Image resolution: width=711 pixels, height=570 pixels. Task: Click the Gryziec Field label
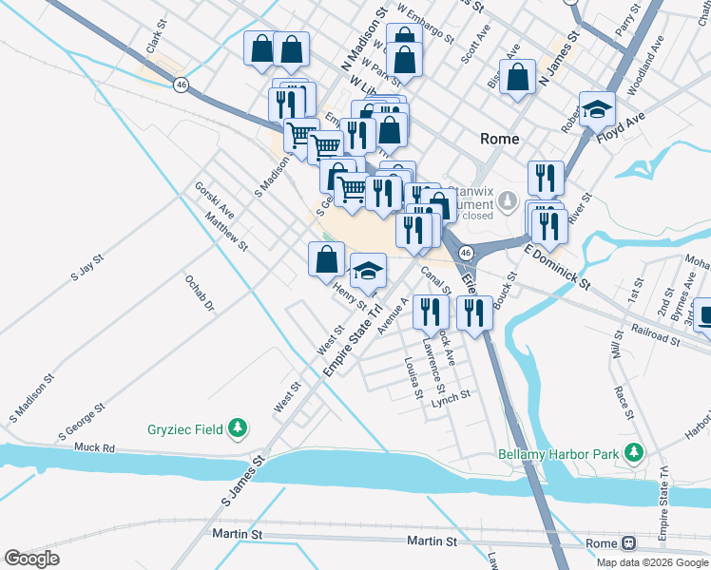pos(184,429)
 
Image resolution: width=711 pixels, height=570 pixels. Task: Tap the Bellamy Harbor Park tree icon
pos(630,454)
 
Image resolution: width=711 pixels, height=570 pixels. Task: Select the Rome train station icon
pos(628,543)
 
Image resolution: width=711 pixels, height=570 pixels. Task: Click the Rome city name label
pos(500,139)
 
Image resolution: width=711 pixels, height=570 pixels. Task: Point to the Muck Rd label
pos(94,446)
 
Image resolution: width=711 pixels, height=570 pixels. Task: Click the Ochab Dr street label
pos(201,294)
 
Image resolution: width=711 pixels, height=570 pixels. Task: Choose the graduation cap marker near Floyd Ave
pos(598,109)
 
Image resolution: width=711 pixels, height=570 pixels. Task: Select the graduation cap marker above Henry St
pos(368,272)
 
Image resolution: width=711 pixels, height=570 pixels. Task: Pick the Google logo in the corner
pos(32,559)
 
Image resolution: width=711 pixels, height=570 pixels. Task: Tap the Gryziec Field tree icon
pos(240,429)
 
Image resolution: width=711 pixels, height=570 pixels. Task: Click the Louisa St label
pos(413,378)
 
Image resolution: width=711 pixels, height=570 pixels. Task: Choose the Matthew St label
pos(226,232)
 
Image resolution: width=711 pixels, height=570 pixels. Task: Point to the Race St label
pos(624,402)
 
